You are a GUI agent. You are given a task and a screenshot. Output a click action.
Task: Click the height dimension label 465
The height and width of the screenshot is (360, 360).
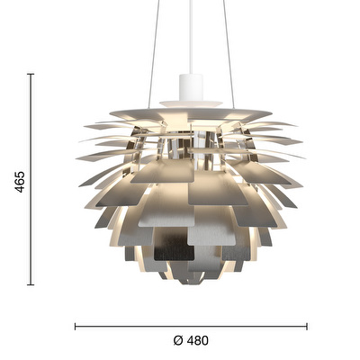20,182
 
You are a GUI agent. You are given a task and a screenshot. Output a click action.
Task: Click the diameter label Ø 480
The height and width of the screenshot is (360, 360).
191,340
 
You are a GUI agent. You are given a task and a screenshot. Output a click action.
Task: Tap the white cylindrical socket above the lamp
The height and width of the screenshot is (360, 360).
191,87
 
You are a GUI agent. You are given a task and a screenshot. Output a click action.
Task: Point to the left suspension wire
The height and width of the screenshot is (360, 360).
153,54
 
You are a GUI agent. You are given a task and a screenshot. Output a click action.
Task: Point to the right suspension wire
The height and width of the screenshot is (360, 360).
229,54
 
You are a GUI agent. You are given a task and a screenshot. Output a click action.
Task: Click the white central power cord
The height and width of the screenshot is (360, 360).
191,37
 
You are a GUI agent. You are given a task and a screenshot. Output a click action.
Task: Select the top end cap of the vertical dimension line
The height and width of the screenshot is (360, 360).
31,74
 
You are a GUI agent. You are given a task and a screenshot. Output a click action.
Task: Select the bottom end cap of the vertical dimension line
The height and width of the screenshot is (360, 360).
31,284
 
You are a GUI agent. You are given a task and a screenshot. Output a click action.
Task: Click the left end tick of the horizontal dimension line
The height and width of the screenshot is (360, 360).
76,327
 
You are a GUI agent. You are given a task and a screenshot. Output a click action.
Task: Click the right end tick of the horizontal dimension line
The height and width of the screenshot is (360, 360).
307,327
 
